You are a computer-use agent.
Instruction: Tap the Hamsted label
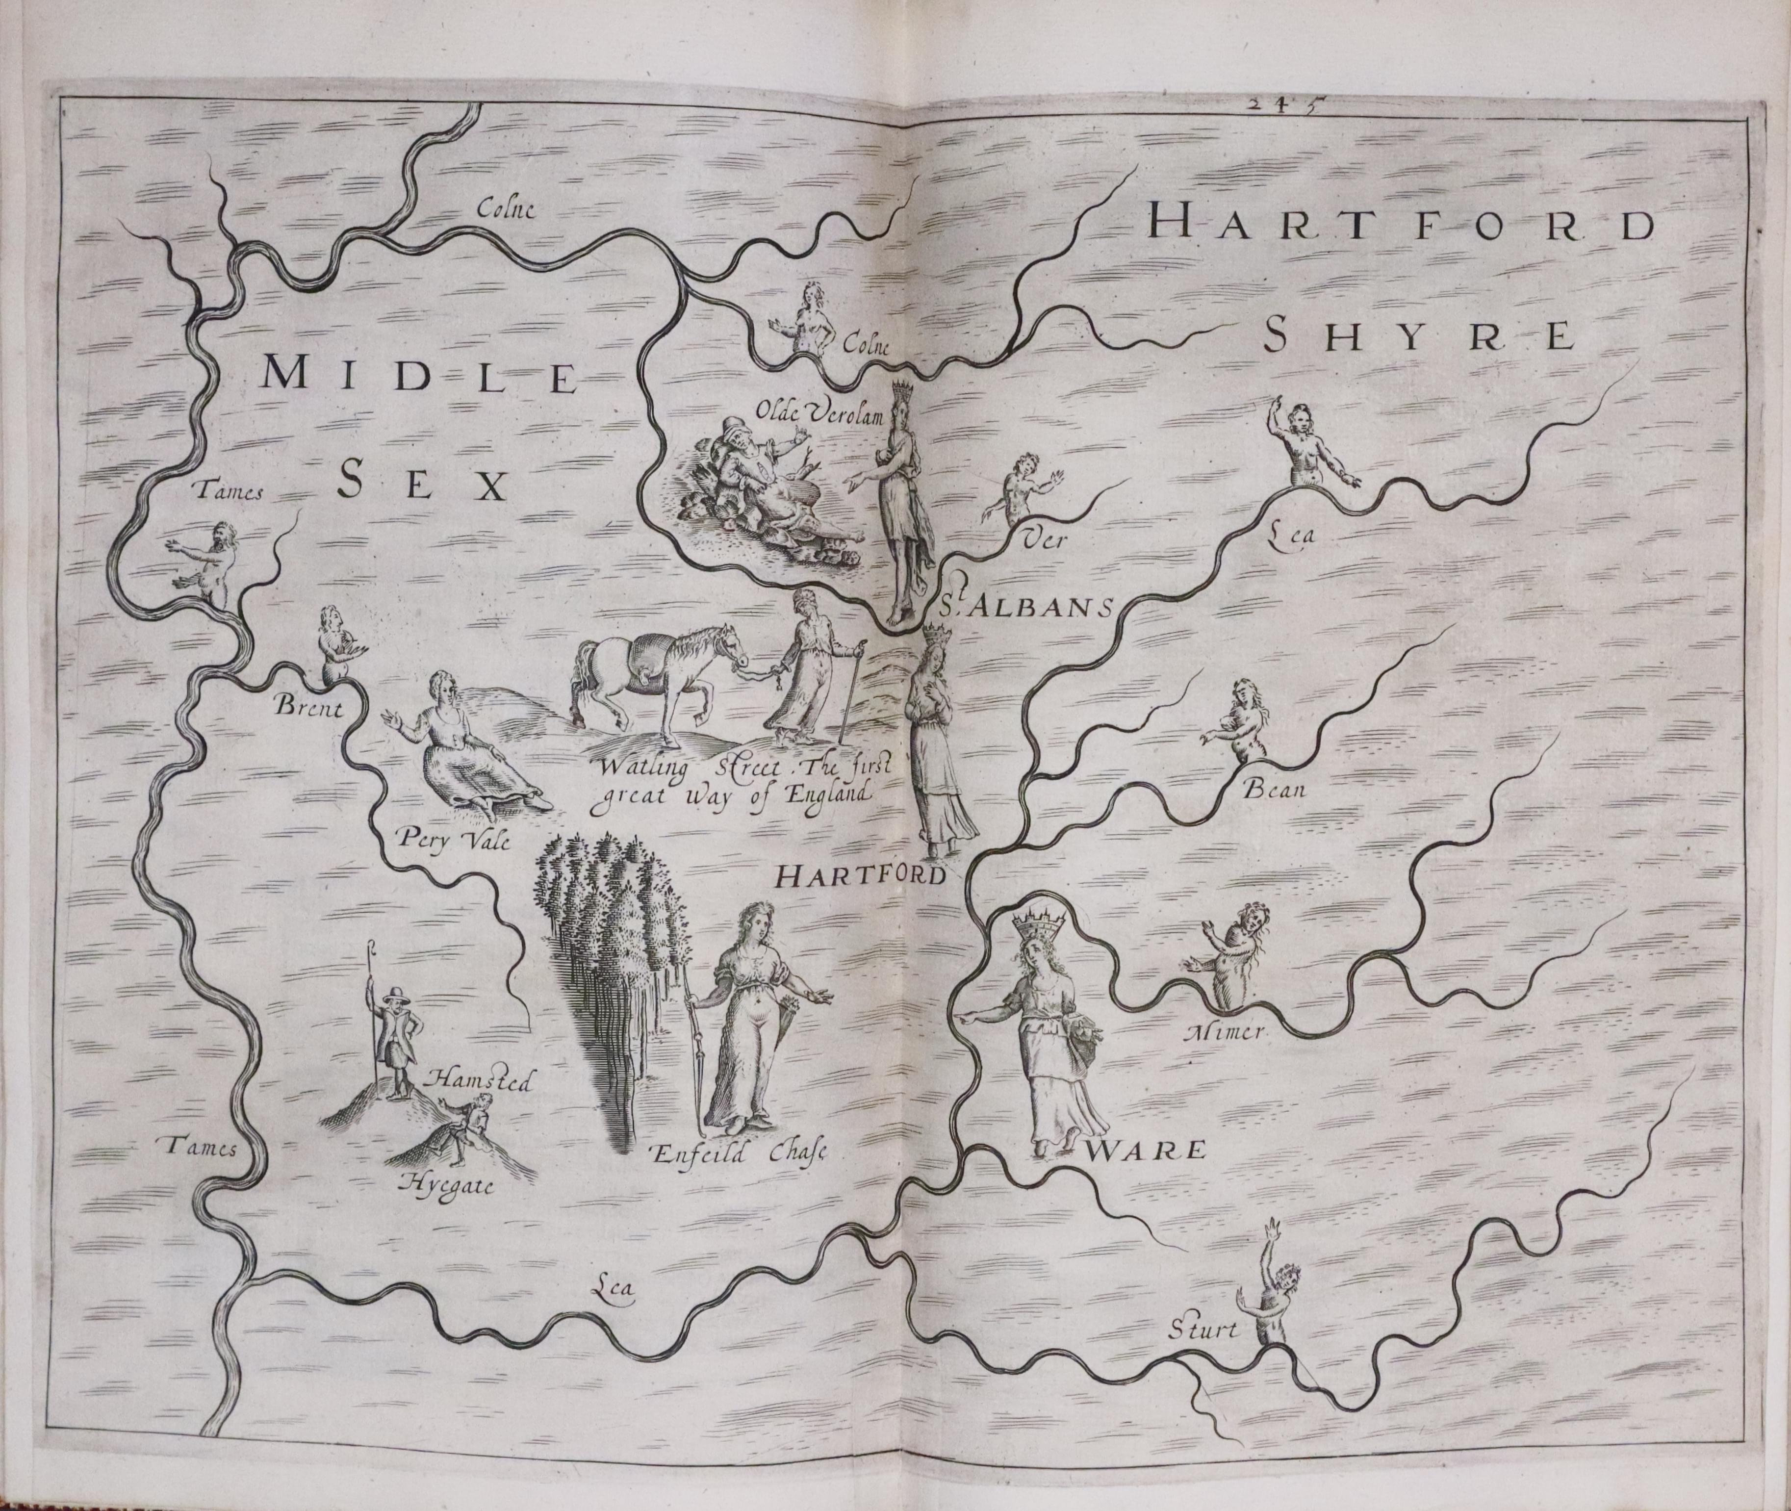(482, 1082)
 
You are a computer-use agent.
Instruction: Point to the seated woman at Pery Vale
(462, 749)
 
